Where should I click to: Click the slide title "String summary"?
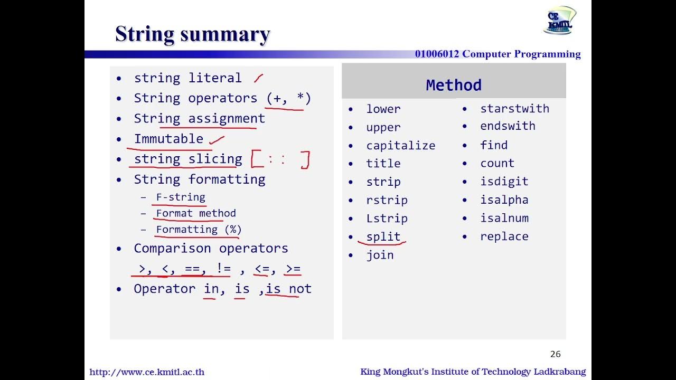[193, 34]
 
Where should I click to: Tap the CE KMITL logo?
[560, 20]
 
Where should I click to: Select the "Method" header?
[454, 85]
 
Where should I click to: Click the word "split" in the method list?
[383, 236]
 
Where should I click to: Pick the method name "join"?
[380, 255]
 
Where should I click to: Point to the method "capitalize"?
[400, 145]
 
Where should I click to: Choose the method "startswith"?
[514, 108]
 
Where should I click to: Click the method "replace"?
[504, 236]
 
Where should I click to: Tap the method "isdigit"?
[504, 181]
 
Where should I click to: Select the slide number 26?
[555, 354]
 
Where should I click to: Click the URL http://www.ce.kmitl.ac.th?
[147, 372]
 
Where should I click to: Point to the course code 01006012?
[437, 54]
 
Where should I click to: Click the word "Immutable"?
[168, 139]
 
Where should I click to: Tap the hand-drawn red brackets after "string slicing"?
[280, 159]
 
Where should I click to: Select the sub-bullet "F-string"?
[181, 197]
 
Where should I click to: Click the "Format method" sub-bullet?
[196, 213]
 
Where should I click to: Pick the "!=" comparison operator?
[223, 269]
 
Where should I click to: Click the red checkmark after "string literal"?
[258, 79]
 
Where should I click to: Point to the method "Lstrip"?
[387, 218]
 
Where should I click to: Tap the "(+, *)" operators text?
[288, 98]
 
